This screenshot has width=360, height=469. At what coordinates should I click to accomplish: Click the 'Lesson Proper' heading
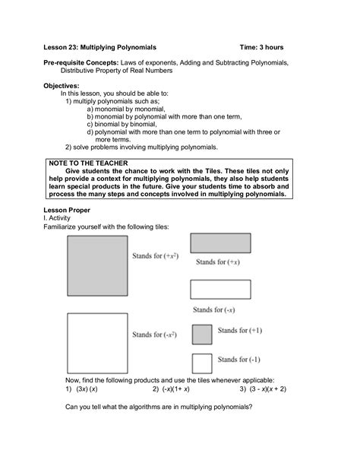[x=69, y=209]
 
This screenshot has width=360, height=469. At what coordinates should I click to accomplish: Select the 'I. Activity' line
[x=61, y=217]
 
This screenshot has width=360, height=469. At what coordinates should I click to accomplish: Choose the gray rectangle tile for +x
[x=219, y=242]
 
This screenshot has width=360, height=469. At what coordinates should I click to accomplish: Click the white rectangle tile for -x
[x=219, y=289]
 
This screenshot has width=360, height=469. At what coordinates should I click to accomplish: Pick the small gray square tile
[x=201, y=334]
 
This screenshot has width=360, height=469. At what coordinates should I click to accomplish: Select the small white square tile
[x=201, y=362]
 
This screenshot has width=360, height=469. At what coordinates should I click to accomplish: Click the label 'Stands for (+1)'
[x=240, y=331]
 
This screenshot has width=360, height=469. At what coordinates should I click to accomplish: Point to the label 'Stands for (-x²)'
[x=156, y=334]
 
